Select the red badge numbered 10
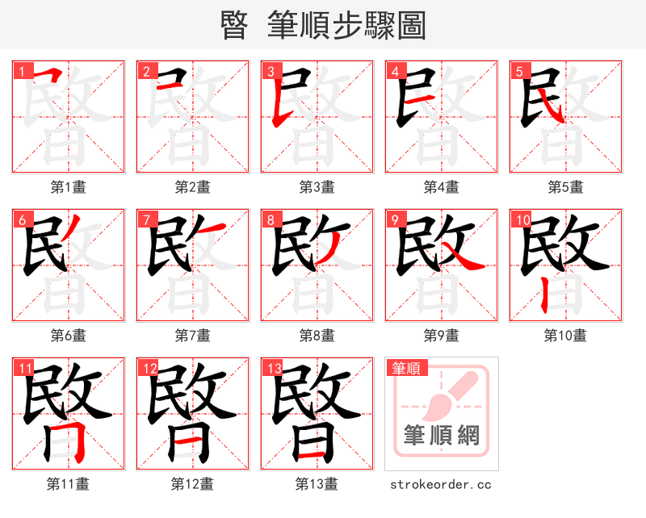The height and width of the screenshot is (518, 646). tap(522, 219)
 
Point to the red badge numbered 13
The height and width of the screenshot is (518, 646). tap(273, 368)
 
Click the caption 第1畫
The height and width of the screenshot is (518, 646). tap(68, 187)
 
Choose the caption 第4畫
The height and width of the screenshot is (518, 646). tap(441, 187)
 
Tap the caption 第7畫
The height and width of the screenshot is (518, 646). tap(192, 336)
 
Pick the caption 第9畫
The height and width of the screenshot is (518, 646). tap(441, 336)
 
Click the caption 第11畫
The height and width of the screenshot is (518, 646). tap(68, 484)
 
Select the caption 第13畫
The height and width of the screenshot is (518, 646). tap(317, 484)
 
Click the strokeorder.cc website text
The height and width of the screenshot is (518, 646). tap(441, 485)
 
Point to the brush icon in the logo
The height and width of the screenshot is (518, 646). tap(452, 395)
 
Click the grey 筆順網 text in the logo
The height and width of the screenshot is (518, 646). tap(441, 436)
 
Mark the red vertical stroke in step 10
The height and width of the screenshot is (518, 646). tap(546, 298)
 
